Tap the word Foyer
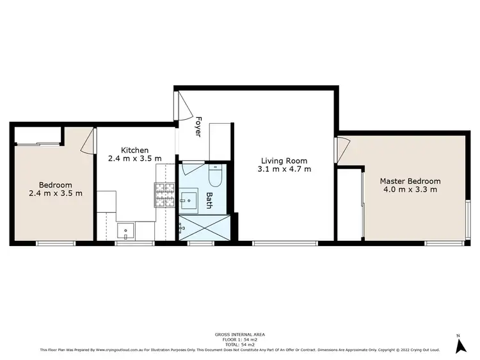tap(198, 126)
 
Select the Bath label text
tap(209, 201)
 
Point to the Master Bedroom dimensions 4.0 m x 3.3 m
tap(410, 190)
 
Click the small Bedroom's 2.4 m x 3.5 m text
tap(56, 193)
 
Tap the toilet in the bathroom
tap(216, 176)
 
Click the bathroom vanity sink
tap(189, 200)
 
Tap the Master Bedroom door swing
tap(342, 149)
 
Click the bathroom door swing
tap(191, 168)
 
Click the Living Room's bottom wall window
tap(285, 243)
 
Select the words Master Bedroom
tap(410, 181)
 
